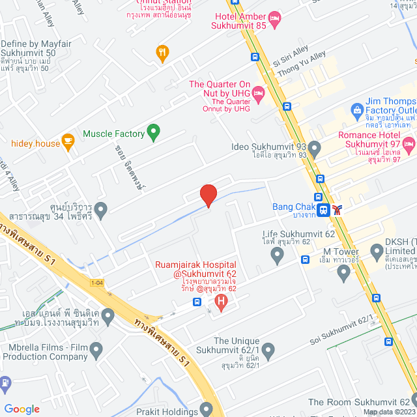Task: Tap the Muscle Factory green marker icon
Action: pyautogui.click(x=154, y=133)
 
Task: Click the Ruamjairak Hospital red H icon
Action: pyautogui.click(x=221, y=302)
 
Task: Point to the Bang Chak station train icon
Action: pyautogui.click(x=323, y=210)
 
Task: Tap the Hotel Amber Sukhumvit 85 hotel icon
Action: pyautogui.click(x=274, y=17)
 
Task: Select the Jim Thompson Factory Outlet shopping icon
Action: pyautogui.click(x=357, y=110)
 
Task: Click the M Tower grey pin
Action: pyautogui.click(x=344, y=273)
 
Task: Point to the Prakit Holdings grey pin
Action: pyautogui.click(x=207, y=409)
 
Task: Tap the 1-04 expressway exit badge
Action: pyautogui.click(x=97, y=282)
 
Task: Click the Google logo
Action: pyautogui.click(x=22, y=409)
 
